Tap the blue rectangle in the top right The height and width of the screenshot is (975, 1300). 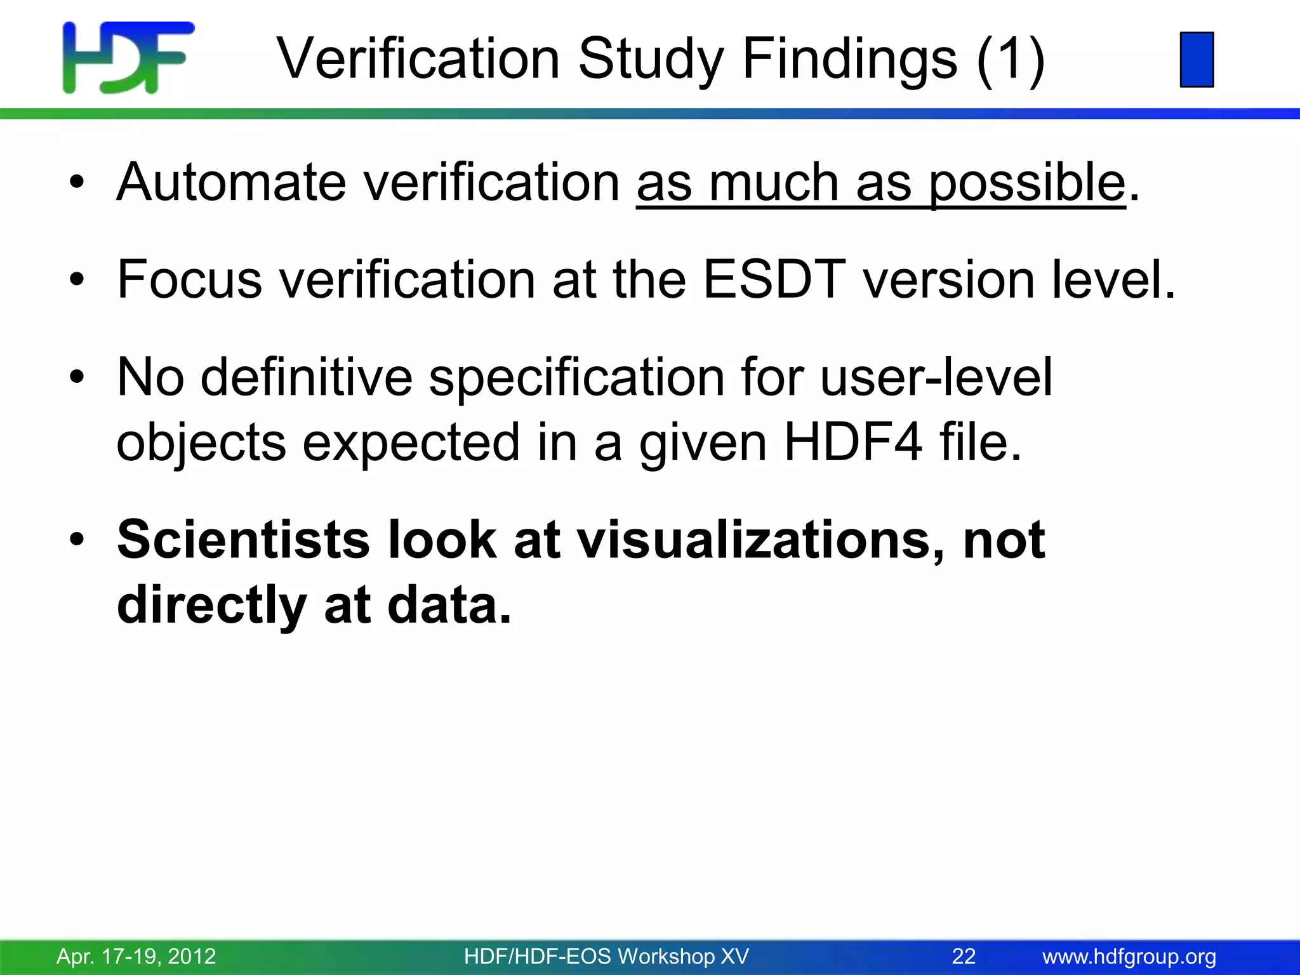(x=1197, y=59)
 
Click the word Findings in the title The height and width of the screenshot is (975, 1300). (x=849, y=59)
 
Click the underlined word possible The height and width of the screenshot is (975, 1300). (x=1027, y=183)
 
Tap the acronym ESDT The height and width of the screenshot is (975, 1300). (x=774, y=279)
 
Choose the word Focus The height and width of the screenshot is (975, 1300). (x=189, y=279)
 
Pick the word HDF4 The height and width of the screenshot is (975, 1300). (x=852, y=442)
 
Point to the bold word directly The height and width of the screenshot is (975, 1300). (x=212, y=606)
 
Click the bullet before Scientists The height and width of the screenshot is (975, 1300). (x=77, y=540)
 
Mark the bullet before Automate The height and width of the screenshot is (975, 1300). (x=77, y=183)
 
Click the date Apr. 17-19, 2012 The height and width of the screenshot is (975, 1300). (x=136, y=956)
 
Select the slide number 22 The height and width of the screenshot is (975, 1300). (x=964, y=956)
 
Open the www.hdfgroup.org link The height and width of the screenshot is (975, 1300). (x=1129, y=956)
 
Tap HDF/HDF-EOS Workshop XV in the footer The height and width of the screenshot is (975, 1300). (x=606, y=956)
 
